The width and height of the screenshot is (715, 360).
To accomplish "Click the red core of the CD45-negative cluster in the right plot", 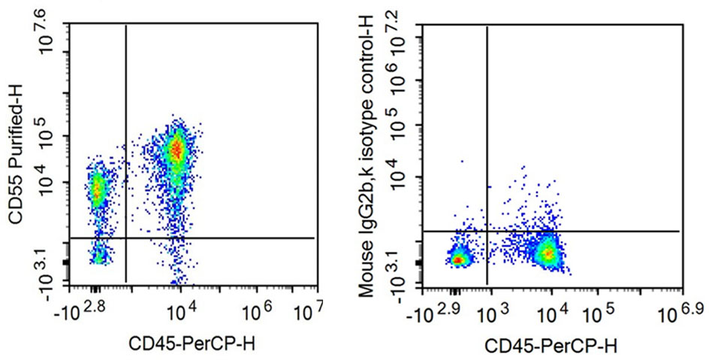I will click(457, 260).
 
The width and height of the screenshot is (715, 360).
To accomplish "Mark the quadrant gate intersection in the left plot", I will click(125, 238).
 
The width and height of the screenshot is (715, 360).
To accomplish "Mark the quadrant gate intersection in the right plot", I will click(488, 231).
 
